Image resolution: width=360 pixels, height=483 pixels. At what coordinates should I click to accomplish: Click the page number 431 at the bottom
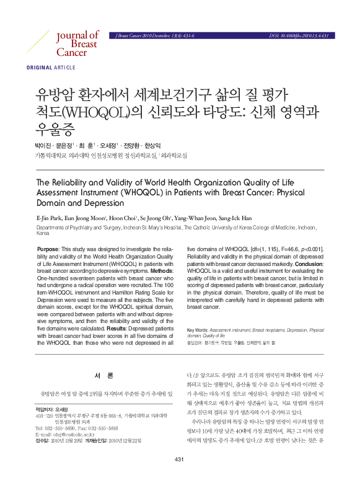(180, 476)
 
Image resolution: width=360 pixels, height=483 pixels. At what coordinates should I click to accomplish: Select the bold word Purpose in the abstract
(48, 248)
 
